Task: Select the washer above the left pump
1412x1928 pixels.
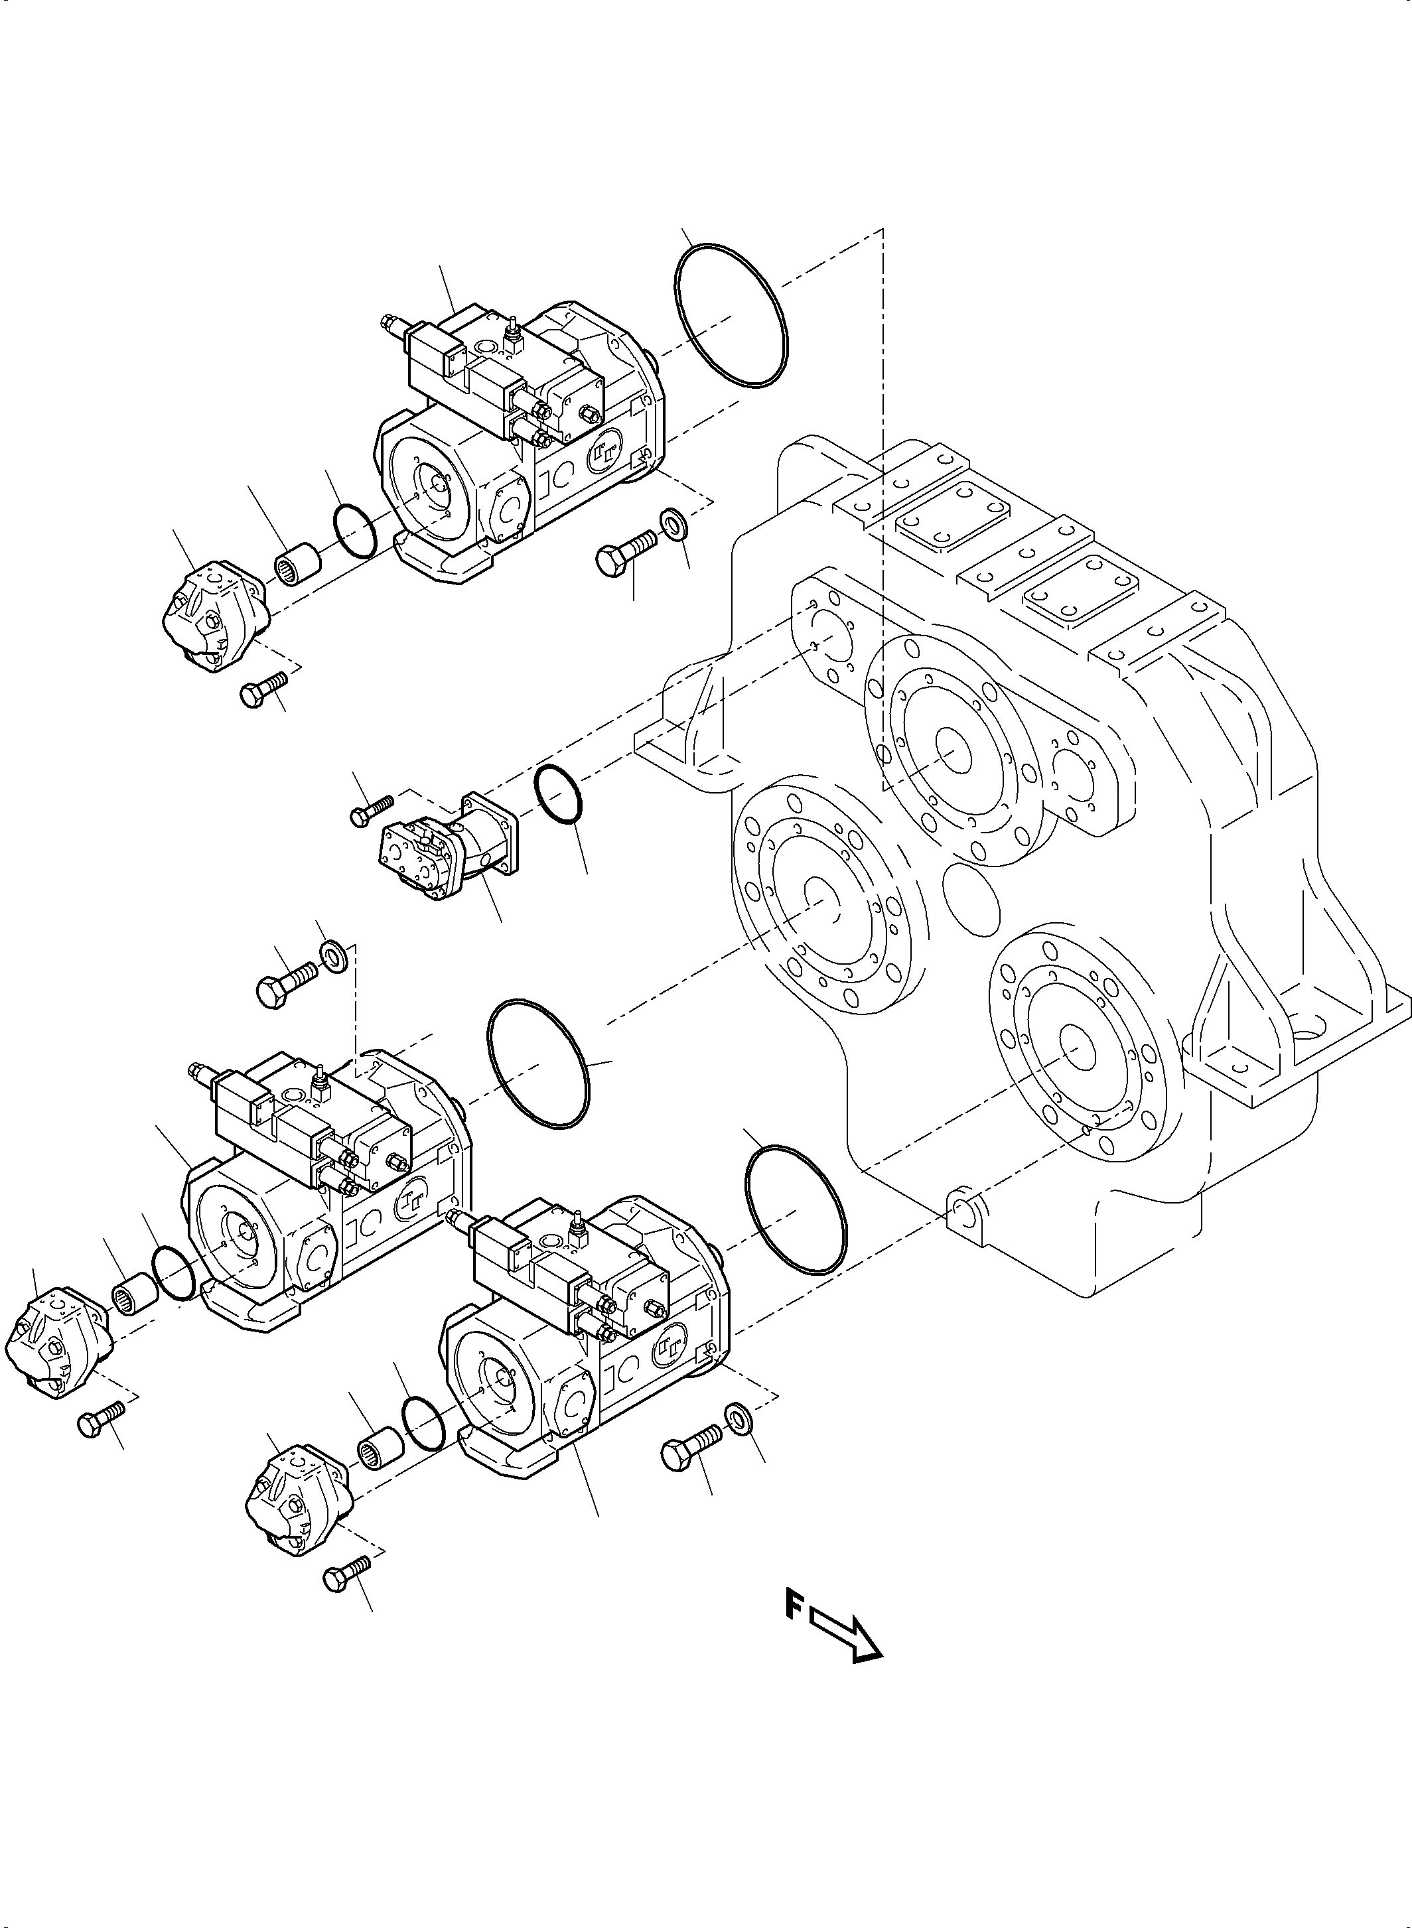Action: [x=332, y=955]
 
